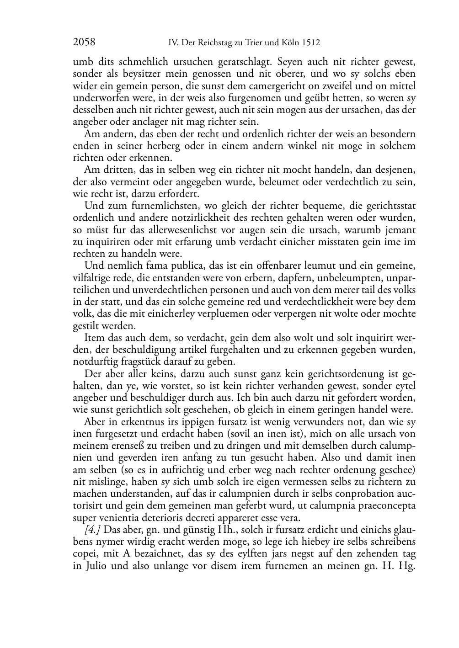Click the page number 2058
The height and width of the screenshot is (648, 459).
[84, 42]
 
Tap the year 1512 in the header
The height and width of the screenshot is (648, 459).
[311, 43]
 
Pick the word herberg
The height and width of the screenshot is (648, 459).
[166, 146]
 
